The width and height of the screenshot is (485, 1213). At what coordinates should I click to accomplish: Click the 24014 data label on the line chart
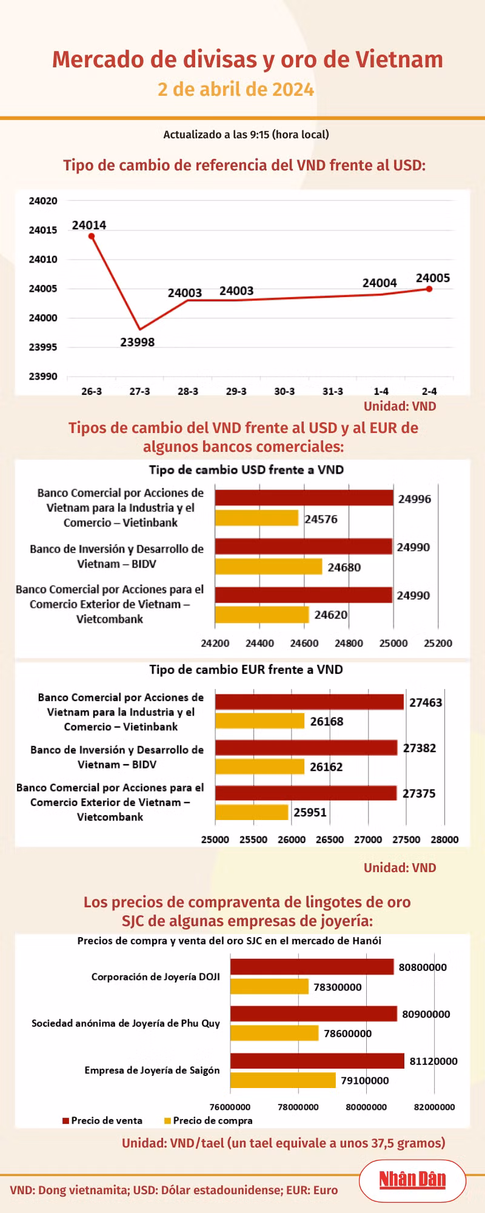(x=89, y=225)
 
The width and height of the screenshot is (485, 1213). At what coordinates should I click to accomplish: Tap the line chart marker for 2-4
(x=429, y=289)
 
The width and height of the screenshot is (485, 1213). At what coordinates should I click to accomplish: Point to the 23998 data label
(x=138, y=342)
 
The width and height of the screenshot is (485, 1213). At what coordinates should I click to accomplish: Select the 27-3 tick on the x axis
(x=139, y=391)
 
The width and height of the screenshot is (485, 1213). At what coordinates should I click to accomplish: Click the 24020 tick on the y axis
(x=43, y=201)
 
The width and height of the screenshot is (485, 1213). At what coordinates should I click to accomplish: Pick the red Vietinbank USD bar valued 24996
(x=304, y=498)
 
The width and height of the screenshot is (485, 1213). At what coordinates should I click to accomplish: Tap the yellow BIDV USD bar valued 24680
(x=269, y=566)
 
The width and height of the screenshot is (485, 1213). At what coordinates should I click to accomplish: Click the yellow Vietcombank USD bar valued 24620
(x=262, y=614)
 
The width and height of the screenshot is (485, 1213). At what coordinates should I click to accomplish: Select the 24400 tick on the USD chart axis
(x=259, y=643)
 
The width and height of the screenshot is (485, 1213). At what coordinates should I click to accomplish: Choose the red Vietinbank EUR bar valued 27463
(x=309, y=702)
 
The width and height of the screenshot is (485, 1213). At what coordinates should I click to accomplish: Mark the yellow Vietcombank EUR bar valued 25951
(x=252, y=812)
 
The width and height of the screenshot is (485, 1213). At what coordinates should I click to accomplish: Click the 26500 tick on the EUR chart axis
(x=330, y=839)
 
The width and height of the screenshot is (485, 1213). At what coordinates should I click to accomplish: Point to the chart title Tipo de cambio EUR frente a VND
(x=246, y=670)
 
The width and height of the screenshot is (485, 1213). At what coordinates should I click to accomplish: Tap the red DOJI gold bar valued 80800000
(x=312, y=967)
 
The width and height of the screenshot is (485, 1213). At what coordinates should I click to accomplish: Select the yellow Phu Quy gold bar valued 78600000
(x=274, y=1033)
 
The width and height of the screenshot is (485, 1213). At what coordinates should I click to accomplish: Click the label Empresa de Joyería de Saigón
(x=152, y=1070)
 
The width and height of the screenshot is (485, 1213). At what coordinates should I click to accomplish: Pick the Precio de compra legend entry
(x=208, y=1120)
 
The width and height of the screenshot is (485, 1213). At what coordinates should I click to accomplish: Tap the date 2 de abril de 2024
(x=236, y=89)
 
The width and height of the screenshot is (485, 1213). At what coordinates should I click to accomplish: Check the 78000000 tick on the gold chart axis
(x=298, y=1107)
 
